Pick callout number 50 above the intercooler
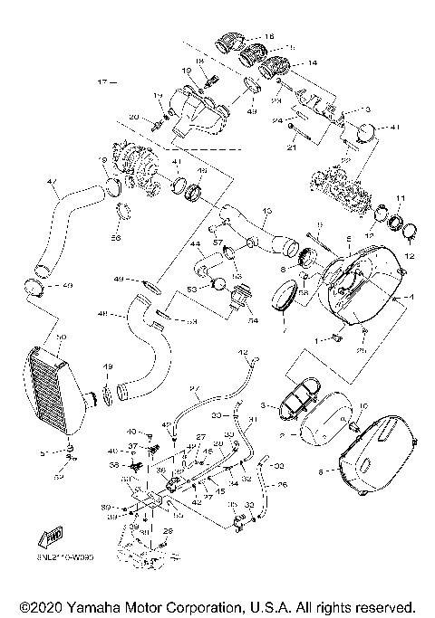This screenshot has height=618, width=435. coord(62,338)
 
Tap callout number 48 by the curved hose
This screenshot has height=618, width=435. coord(101,314)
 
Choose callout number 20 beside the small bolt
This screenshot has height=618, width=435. coord(133,118)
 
